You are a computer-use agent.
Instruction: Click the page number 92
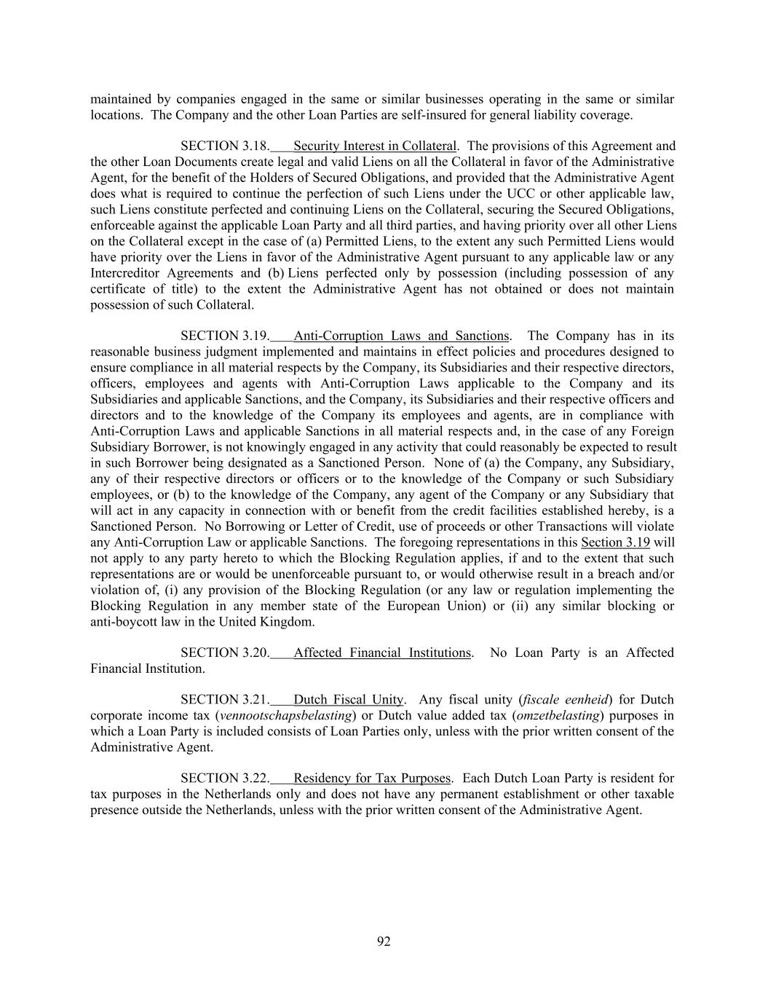coord(384,942)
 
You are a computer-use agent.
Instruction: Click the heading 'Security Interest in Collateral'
coord(374,146)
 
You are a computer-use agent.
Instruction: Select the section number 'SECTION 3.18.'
coord(225,146)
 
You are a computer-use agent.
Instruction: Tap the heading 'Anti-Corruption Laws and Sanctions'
coord(400,336)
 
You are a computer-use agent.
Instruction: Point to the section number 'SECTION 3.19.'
coord(225,336)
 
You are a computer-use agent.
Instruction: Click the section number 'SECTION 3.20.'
coord(225,652)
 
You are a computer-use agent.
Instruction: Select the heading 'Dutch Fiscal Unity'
coord(348,700)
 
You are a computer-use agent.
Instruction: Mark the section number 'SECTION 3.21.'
coord(225,700)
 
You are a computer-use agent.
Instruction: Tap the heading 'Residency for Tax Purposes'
coord(371,778)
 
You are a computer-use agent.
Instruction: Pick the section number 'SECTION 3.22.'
coord(225,778)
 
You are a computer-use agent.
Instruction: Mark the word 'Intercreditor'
coord(124,273)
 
